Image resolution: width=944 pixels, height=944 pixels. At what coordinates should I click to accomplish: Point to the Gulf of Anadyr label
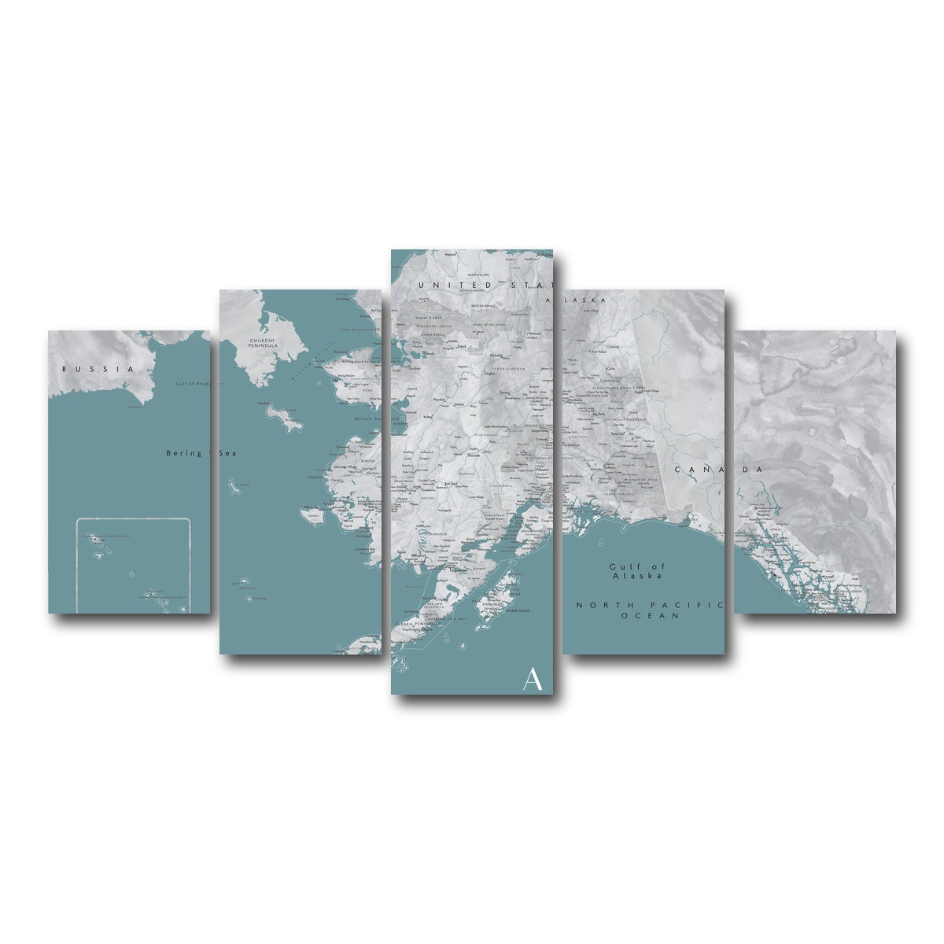click(194, 384)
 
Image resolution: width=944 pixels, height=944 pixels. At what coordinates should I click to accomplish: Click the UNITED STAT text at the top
click(486, 284)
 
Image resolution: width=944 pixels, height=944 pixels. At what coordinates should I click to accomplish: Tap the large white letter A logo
click(533, 679)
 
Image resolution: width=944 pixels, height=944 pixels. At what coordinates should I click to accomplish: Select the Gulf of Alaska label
click(638, 570)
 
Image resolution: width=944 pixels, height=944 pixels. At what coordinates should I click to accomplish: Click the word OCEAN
click(650, 616)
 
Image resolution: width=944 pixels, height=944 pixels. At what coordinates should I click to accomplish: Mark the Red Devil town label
click(451, 485)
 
